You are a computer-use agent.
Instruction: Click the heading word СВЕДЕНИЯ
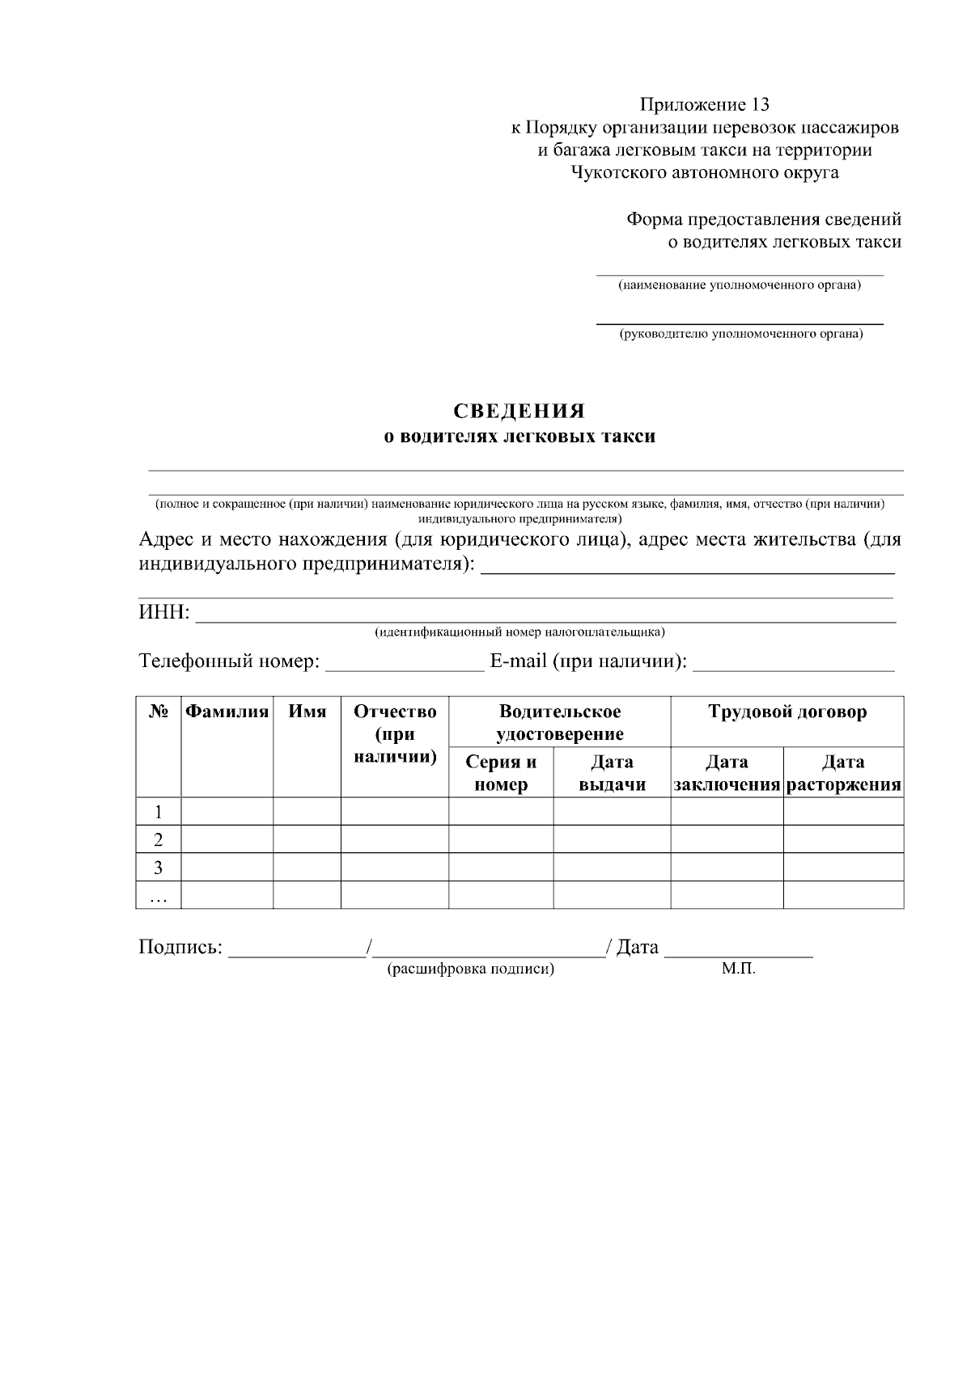click(x=519, y=412)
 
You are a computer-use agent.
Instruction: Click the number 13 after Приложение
click(x=759, y=104)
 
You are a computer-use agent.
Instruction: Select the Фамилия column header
click(x=227, y=712)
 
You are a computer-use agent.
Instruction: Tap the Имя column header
click(x=307, y=712)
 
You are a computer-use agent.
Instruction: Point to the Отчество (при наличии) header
click(x=395, y=734)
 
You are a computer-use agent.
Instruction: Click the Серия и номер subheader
click(x=501, y=773)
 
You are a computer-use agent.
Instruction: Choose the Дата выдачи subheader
click(x=612, y=773)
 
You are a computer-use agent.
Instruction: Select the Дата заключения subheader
click(x=727, y=773)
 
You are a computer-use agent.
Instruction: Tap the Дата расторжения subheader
click(x=843, y=773)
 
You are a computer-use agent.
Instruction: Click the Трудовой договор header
click(x=787, y=712)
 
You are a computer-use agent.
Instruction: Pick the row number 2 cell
click(x=159, y=839)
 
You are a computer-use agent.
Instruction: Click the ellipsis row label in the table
click(x=159, y=895)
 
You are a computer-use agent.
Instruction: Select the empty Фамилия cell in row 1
click(x=227, y=811)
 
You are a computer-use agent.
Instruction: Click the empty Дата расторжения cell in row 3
click(x=843, y=867)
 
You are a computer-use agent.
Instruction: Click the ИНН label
click(x=164, y=613)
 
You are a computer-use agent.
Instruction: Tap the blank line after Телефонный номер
click(x=404, y=666)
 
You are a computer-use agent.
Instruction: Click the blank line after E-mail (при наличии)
click(x=794, y=666)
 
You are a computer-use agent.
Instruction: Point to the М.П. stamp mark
click(x=738, y=969)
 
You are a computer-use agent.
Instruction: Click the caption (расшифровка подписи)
click(x=471, y=969)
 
